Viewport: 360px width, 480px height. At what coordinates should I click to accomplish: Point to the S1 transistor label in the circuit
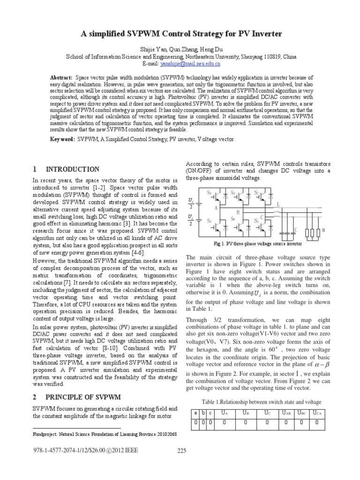click(210, 193)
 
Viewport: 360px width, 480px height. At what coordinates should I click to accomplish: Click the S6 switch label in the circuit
click(233, 218)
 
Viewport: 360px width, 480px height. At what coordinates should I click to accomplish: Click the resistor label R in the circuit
click(323, 231)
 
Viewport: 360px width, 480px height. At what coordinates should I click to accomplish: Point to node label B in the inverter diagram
click(238, 212)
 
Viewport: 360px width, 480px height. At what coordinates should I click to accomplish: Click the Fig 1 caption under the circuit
click(251, 244)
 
